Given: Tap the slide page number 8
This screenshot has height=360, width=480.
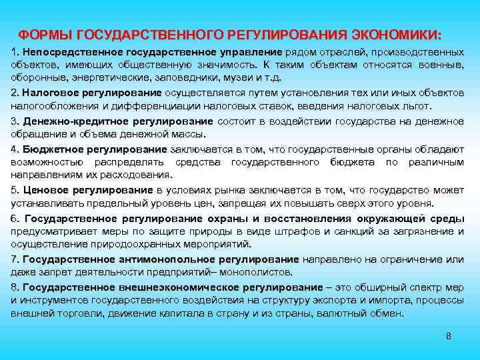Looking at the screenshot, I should [x=449, y=335].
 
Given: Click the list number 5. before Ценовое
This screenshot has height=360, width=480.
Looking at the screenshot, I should [x=15, y=190].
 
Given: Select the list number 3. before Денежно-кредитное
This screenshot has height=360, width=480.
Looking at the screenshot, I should [x=15, y=121].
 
